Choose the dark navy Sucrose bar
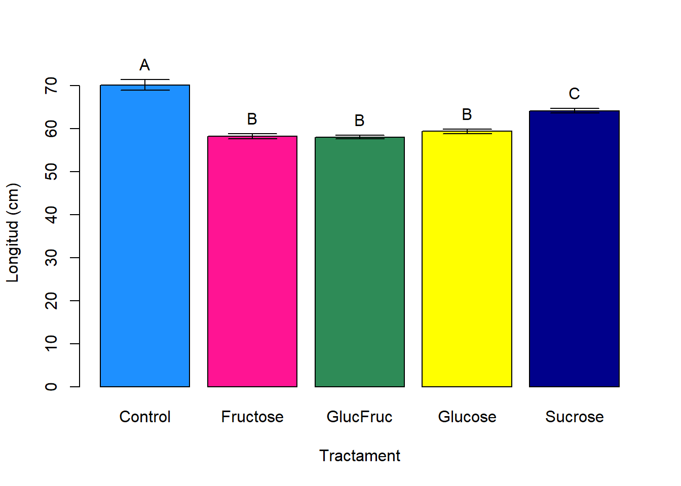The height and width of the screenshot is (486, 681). pyautogui.click(x=574, y=249)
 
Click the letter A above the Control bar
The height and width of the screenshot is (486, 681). pyautogui.click(x=145, y=65)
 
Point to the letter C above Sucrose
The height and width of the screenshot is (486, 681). pyautogui.click(x=574, y=94)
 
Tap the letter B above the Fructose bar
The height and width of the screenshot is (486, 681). pyautogui.click(x=252, y=119)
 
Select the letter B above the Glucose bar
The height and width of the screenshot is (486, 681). pyautogui.click(x=467, y=115)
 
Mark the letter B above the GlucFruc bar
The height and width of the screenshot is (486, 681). pyautogui.click(x=360, y=120)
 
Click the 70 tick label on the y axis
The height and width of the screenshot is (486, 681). pyautogui.click(x=51, y=86)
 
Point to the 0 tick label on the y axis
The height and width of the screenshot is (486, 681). pyautogui.click(x=51, y=387)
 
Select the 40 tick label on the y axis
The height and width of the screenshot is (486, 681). pyautogui.click(x=51, y=215)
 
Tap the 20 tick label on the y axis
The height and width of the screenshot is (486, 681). pyautogui.click(x=51, y=301)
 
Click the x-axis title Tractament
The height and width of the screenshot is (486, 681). pyautogui.click(x=360, y=456)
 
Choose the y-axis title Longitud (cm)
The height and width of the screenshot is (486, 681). pyautogui.click(x=12, y=233)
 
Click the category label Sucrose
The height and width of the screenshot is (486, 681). pyautogui.click(x=574, y=417)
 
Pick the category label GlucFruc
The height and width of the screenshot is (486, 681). pyautogui.click(x=360, y=417)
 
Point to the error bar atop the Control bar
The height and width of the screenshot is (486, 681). pyautogui.click(x=145, y=85)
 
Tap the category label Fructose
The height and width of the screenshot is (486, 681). pyautogui.click(x=252, y=417)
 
